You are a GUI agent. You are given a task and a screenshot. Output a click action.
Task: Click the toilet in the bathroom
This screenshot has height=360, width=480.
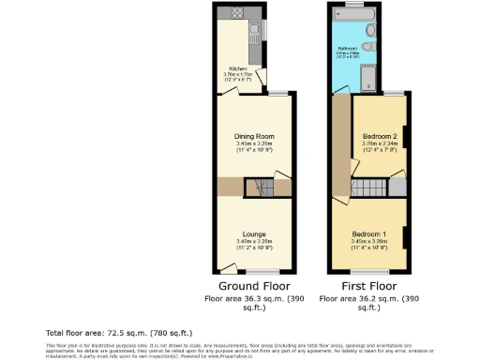click(x=372, y=47)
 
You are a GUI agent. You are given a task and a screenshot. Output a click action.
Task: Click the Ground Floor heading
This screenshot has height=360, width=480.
click(x=254, y=286)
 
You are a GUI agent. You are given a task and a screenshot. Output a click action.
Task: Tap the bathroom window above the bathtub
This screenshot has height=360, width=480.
click(x=352, y=5)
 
